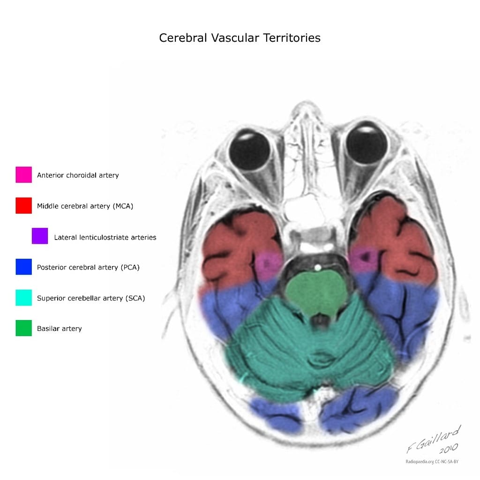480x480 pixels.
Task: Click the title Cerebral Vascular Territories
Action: pos(240,38)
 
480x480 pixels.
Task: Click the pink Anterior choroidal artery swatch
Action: pos(23,175)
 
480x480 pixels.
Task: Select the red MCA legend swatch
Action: pos(23,205)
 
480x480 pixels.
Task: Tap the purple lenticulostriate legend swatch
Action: pos(40,236)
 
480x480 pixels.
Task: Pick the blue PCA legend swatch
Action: pos(23,267)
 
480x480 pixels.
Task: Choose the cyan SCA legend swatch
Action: pos(23,298)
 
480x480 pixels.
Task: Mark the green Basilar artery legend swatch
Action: pos(23,328)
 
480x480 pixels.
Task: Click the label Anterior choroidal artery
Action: pos(78,175)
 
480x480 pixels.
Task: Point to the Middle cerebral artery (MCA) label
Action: pos(85,206)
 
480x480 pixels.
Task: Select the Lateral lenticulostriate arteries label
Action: pos(105,237)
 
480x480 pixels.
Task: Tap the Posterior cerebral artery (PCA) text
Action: pos(88,267)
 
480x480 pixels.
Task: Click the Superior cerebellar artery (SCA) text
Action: pos(91,298)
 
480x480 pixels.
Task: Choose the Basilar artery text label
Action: pos(60,329)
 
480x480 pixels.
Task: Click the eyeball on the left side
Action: pos(250,150)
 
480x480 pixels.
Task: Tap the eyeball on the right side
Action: pos(367,144)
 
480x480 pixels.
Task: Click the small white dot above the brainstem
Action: pos(318,268)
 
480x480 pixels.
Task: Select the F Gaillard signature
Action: pos(434,439)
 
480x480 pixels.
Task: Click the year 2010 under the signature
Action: pos(449,449)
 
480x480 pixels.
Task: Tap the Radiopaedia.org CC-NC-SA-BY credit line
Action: pos(432,462)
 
